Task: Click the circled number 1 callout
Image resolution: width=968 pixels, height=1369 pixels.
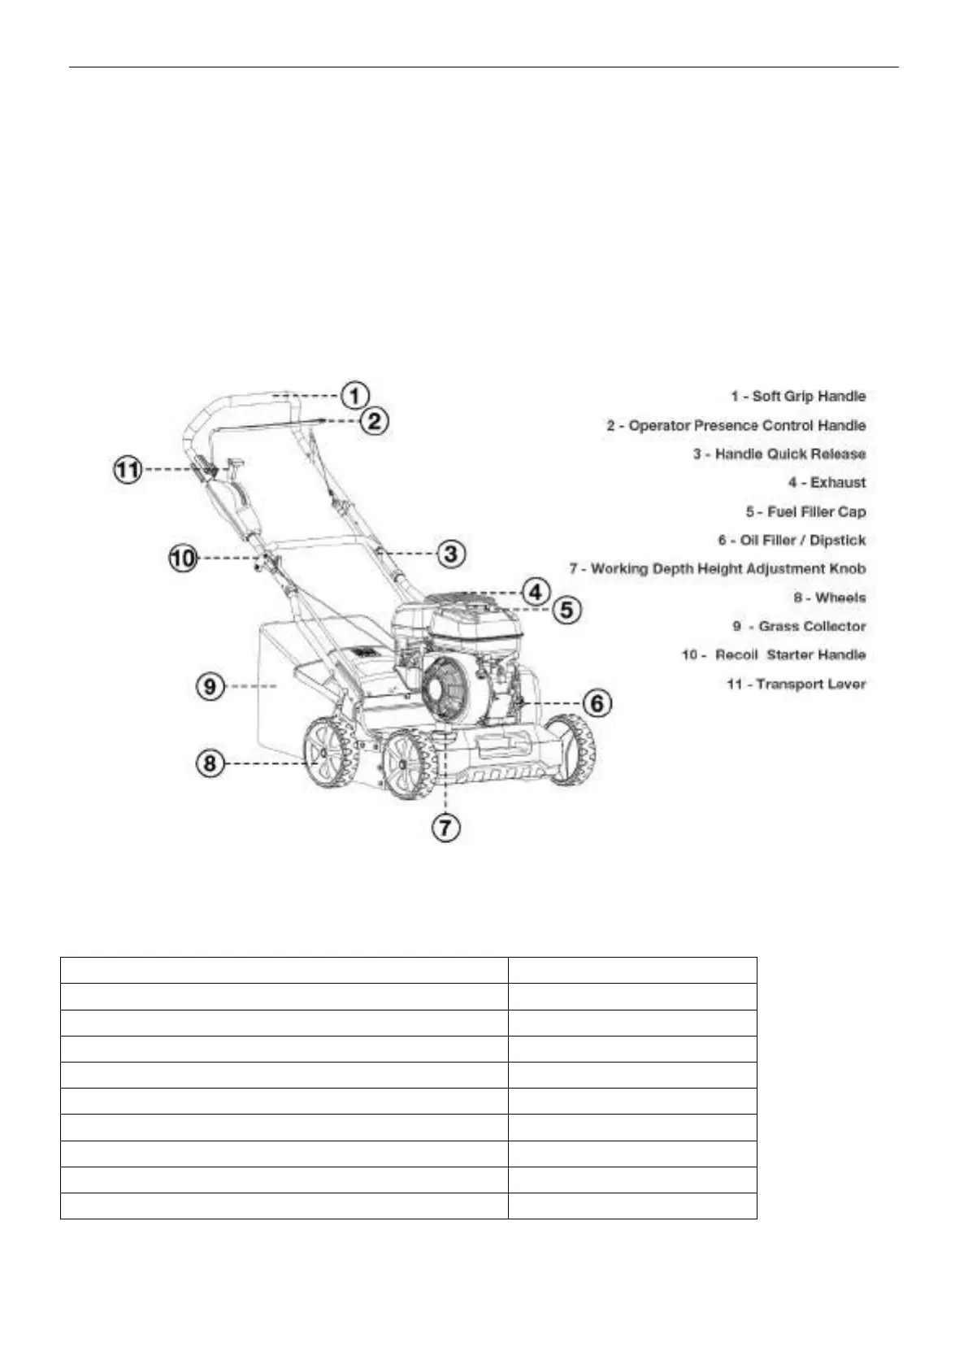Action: point(355,396)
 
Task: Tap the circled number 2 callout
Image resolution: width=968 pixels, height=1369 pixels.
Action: point(375,421)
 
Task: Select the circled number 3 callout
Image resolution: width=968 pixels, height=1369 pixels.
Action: point(451,554)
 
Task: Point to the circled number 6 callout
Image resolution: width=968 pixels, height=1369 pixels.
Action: point(598,702)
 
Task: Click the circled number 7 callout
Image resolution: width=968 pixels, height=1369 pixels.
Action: point(445,828)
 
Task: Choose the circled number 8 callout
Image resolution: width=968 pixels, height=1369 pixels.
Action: point(211,763)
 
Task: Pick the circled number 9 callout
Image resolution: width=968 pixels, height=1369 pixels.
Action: point(211,686)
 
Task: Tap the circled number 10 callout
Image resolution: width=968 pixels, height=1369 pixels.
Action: point(184,558)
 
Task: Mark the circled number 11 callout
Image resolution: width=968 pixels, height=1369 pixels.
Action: point(127,470)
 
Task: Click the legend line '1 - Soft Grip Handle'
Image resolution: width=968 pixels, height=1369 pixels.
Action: point(798,397)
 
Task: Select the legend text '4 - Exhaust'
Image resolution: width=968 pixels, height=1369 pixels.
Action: point(827,483)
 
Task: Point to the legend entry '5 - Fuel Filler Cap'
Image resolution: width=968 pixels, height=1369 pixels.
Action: point(805,512)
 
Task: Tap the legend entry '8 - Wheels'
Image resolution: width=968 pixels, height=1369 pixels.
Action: point(829,598)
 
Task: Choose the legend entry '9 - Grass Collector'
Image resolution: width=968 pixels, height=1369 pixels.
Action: point(799,627)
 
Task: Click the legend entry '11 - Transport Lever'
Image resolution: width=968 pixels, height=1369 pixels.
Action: point(796,684)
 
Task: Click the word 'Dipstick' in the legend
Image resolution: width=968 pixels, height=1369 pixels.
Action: point(837,541)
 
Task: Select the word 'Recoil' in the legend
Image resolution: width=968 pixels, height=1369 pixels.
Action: point(736,655)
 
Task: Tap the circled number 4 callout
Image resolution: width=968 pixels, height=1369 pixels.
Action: point(536,591)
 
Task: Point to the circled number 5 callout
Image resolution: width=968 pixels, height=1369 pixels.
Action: point(566,609)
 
